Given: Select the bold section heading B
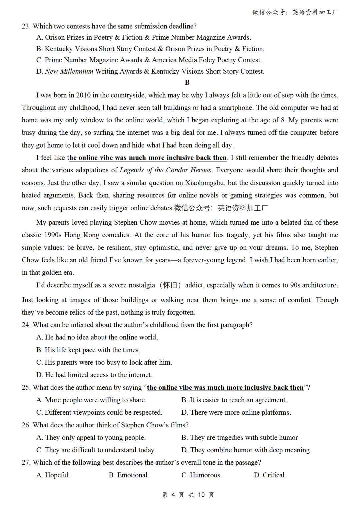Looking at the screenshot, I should point(187,82).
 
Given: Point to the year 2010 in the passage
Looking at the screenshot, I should point(83,95).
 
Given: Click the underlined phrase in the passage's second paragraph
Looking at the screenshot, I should point(148,158).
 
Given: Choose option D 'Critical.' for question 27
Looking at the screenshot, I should point(270,475).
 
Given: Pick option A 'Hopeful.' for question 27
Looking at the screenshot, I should point(54,475).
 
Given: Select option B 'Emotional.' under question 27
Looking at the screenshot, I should point(129,475).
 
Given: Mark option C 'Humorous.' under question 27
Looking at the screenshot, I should point(202,475).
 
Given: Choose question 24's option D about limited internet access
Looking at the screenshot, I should point(94,375).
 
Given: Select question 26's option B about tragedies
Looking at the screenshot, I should point(239,438).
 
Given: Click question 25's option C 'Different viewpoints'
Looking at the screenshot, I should point(99,413).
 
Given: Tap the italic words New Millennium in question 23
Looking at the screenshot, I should point(69,71).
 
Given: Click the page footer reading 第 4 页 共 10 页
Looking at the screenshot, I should point(188,495).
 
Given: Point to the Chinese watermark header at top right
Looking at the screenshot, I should point(295,12).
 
